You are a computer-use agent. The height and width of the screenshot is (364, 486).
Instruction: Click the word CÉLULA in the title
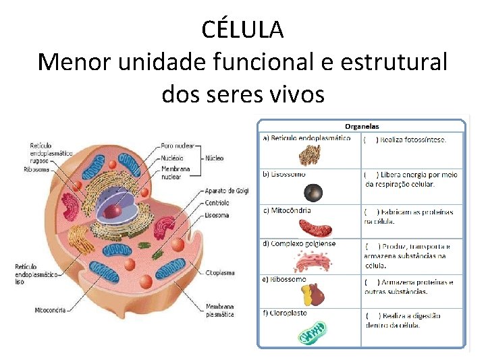tap(242, 29)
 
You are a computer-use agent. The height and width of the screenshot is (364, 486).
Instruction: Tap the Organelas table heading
tap(362, 126)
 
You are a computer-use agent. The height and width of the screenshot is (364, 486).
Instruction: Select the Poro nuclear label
tap(178, 146)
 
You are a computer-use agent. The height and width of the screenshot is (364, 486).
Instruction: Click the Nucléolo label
tap(173, 158)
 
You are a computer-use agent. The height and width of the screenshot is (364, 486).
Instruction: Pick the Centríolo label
tap(217, 202)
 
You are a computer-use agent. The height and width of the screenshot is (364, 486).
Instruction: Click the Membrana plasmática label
tap(221, 311)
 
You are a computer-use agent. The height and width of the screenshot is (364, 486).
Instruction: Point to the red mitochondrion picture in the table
tap(315, 227)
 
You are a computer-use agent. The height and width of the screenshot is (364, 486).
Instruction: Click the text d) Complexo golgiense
tap(299, 243)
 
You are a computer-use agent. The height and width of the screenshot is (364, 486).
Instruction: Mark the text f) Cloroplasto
tap(285, 313)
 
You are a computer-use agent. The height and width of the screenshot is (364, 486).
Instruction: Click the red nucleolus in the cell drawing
tap(115, 210)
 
